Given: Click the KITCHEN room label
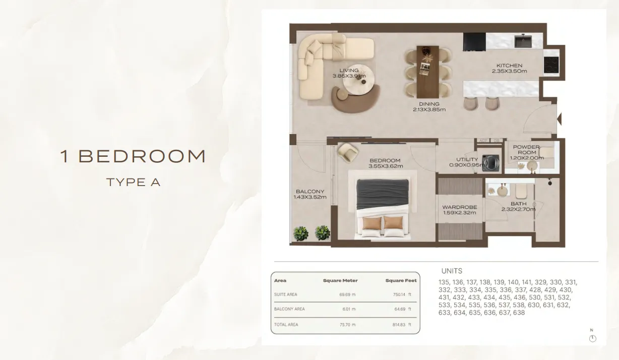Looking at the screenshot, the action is tap(509, 66).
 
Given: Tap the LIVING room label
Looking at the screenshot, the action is tap(349, 71).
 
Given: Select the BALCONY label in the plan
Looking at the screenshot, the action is tap(310, 191).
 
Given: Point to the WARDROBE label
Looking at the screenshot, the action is tap(460, 207).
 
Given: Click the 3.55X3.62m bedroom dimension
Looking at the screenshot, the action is tap(386, 166).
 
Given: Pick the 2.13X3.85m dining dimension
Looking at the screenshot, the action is tap(429, 109).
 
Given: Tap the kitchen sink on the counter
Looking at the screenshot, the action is tap(523, 41).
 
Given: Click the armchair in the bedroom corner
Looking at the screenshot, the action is tap(347, 152).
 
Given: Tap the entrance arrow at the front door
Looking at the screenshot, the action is tap(559, 119).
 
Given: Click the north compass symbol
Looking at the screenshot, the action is tap(592, 338).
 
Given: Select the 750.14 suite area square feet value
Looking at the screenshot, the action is tap(399, 294).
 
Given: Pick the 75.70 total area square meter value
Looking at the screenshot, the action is tap(345, 325).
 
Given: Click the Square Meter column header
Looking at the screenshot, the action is tap(340, 281).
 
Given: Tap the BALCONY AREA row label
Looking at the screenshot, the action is tap(289, 309).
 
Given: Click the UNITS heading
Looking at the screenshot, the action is tap(452, 271).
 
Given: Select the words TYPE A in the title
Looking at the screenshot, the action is tap(134, 182).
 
